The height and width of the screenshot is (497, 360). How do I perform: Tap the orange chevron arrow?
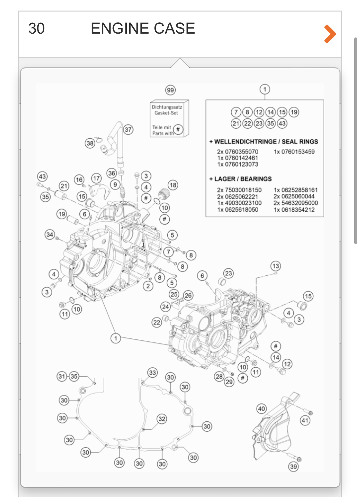[330, 34]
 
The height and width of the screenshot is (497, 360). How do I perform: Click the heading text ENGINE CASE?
[143, 29]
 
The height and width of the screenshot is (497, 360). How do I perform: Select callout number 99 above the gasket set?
[170, 90]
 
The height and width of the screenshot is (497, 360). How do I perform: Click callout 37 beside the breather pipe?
[128, 130]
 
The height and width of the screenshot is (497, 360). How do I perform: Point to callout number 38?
[90, 143]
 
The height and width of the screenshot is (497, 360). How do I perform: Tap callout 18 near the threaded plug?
[173, 185]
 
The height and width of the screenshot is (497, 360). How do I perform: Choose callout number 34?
[50, 235]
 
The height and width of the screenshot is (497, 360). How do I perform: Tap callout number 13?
[276, 266]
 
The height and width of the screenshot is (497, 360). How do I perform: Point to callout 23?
[228, 273]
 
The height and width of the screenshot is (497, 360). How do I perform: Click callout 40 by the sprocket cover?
[261, 409]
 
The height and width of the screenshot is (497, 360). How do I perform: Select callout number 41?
[305, 420]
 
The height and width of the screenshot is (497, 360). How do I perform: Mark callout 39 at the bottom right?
[293, 467]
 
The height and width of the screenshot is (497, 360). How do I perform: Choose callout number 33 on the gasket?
[153, 372]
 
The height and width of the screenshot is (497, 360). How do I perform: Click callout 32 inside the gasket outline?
[162, 419]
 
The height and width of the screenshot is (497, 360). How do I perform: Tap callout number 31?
[62, 376]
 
